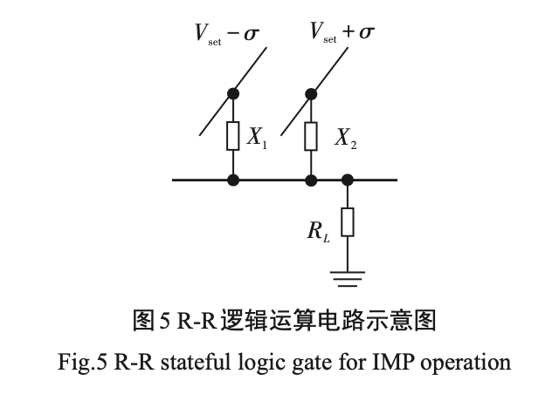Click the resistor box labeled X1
pyautogui.click(x=233, y=136)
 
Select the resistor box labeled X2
pyautogui.click(x=311, y=136)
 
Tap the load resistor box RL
pyautogui.click(x=348, y=222)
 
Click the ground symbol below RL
pyautogui.click(x=348, y=279)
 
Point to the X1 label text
pyautogui.click(x=257, y=137)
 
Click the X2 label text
pyautogui.click(x=346, y=138)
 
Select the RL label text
pyautogui.click(x=319, y=231)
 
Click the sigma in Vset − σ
pyautogui.click(x=252, y=34)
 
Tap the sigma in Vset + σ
pyautogui.click(x=367, y=33)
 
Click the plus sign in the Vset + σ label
pyautogui.click(x=349, y=32)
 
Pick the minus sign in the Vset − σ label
pyautogui.click(x=233, y=33)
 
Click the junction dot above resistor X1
pyautogui.click(x=233, y=94)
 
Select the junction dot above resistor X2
pyautogui.click(x=311, y=94)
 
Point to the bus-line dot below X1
pyautogui.click(x=233, y=180)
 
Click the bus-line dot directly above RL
pyautogui.click(x=348, y=180)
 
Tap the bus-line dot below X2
pyautogui.click(x=311, y=180)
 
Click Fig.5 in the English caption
pyautogui.click(x=82, y=363)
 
